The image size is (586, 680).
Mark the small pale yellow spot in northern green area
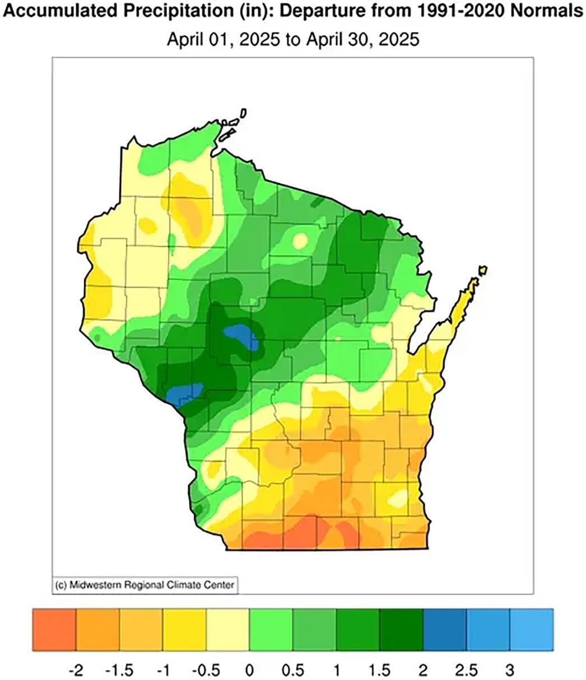pyautogui.click(x=300, y=240)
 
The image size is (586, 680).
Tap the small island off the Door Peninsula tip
pyautogui.click(x=482, y=270)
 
